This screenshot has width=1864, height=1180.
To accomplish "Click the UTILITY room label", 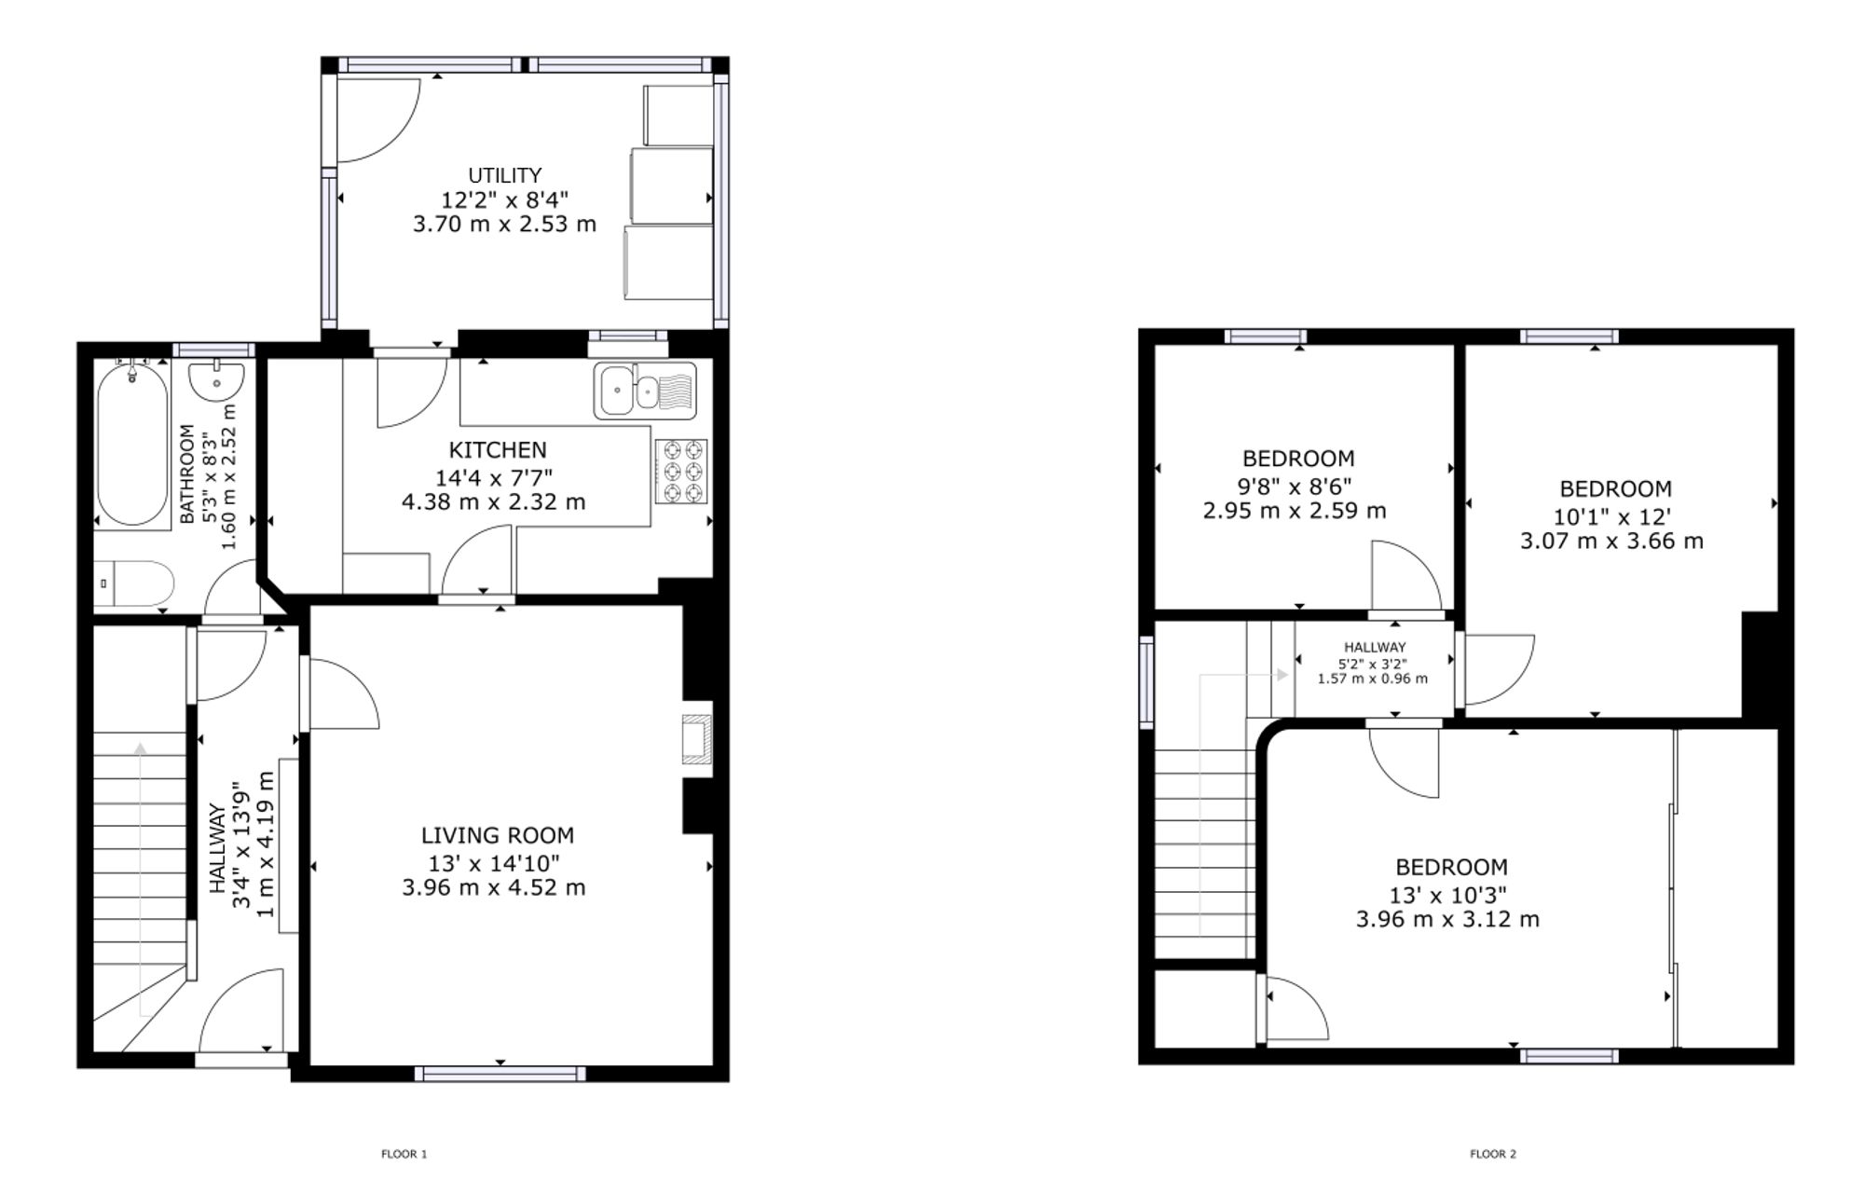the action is tap(504, 175).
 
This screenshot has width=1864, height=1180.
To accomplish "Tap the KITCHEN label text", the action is tap(498, 450).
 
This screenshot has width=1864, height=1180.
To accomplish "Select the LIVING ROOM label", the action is tap(498, 835).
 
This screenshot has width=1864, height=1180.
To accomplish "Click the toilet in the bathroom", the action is tap(134, 583).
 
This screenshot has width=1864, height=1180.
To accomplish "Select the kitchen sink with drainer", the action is tap(645, 390).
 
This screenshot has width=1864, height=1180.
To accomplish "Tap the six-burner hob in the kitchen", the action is tap(681, 472).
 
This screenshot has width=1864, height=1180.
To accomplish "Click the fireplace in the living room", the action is tap(696, 738).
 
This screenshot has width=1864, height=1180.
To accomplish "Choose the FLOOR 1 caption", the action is tap(404, 1154).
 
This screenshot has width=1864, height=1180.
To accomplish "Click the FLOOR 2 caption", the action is tap(1493, 1154).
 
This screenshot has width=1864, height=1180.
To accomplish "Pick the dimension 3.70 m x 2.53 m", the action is tap(504, 224).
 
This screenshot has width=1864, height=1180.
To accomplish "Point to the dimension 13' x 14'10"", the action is tap(494, 863).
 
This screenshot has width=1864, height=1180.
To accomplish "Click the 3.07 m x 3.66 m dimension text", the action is tap(1611, 541).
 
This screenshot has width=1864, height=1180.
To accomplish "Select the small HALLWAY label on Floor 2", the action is tap(1375, 647).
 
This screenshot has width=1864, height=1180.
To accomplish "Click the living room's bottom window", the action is tap(500, 1074).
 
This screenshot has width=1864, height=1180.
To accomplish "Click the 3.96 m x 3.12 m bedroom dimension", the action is tap(1447, 919).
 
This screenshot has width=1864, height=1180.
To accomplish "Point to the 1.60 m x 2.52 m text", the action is tap(228, 475).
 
